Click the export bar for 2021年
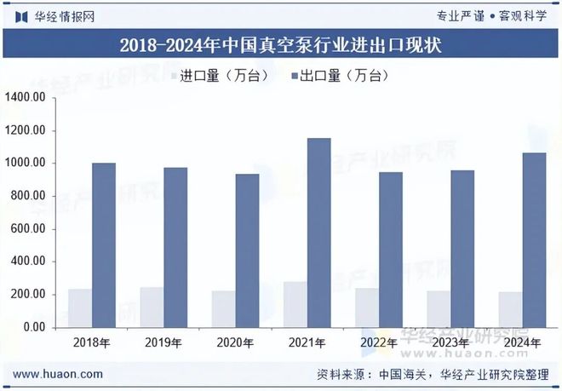tap(318, 233)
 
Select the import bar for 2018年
tap(80, 308)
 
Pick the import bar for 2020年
tap(223, 309)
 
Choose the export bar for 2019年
tap(175, 247)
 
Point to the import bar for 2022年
tap(367, 308)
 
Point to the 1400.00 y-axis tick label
tap(25, 98)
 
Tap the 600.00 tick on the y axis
tap(27, 229)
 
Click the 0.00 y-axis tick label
tap(34, 327)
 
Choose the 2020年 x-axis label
tap(235, 343)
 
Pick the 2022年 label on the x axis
tap(379, 343)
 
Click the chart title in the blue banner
tap(280, 45)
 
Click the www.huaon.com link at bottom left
tap(60, 374)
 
